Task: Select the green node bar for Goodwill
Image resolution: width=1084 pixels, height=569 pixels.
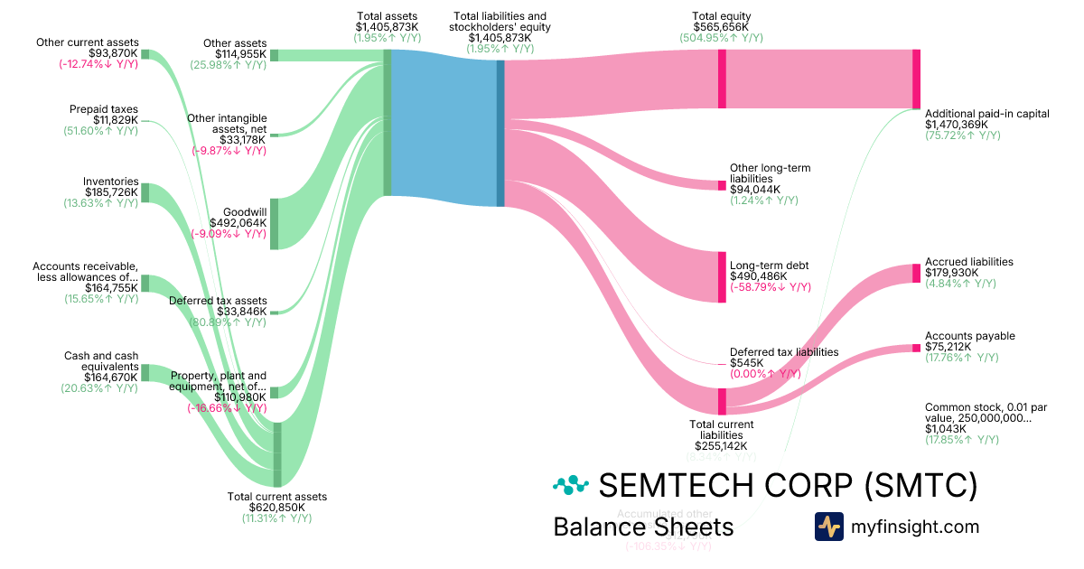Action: pos(274,223)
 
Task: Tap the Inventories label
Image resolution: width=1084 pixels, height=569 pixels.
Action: pos(110,182)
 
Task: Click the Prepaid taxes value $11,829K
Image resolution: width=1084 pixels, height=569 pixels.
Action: pos(116,120)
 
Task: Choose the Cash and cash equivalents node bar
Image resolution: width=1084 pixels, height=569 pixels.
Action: pos(145,372)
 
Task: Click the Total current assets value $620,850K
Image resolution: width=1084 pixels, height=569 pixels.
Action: pos(277,508)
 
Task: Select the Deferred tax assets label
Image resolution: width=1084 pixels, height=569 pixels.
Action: pos(218,301)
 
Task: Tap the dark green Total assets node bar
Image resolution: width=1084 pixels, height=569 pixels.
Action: pos(387,122)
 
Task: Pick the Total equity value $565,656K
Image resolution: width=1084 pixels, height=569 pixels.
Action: pos(721,27)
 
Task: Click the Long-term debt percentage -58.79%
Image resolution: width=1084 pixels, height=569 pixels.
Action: pos(771,287)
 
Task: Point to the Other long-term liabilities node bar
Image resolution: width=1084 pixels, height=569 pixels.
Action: pos(722,185)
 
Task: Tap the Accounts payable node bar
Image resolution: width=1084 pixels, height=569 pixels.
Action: pos(916,348)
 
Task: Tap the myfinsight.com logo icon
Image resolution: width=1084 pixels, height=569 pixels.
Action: pos(828,527)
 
